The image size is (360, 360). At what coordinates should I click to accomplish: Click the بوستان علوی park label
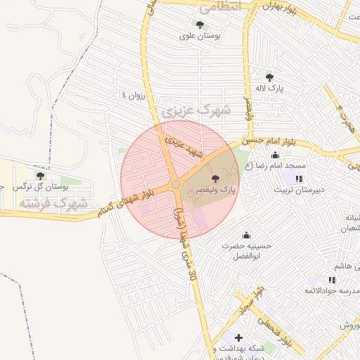[200, 35]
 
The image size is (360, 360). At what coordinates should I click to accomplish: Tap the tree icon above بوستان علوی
[200, 25]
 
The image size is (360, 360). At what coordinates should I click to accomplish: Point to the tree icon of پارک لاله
[270, 77]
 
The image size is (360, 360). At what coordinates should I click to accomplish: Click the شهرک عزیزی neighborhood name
[196, 110]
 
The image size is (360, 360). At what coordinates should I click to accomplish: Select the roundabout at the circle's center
[176, 185]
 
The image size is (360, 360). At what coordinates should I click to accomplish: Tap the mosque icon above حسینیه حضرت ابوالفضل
[246, 235]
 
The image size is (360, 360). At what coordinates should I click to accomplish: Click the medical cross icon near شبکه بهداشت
[238, 337]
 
